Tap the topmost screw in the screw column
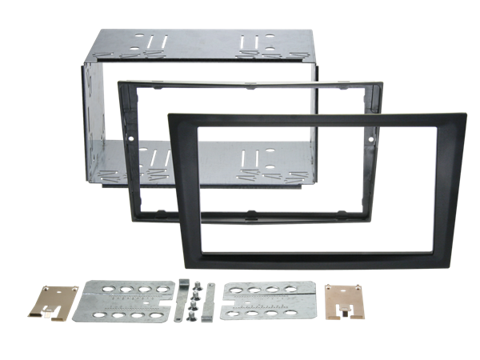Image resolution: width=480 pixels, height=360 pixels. pyautogui.click(x=194, y=286)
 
